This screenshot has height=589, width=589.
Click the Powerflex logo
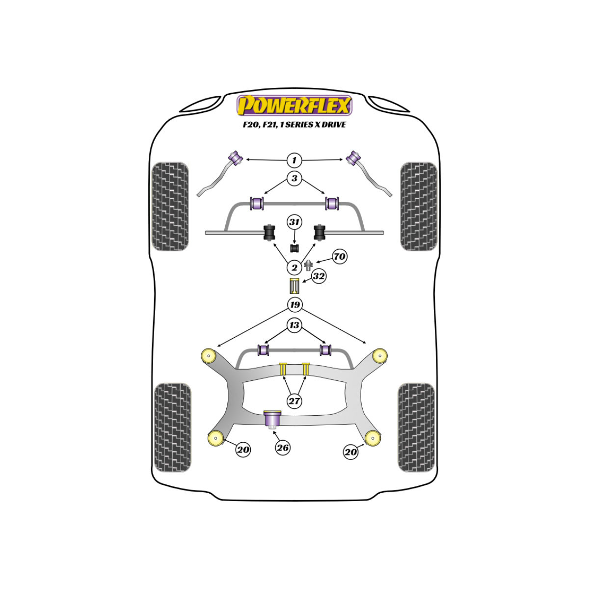click(x=294, y=106)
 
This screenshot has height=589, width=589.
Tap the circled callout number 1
click(x=294, y=160)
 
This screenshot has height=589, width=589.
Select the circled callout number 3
click(x=294, y=178)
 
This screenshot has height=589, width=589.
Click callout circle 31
click(x=294, y=222)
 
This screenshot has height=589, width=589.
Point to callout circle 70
click(x=339, y=256)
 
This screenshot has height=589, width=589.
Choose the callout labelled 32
click(x=319, y=276)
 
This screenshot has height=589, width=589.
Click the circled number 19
click(x=294, y=304)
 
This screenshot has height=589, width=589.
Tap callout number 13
click(x=294, y=325)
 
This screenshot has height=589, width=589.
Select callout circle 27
click(x=294, y=401)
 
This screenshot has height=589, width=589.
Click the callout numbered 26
click(x=282, y=448)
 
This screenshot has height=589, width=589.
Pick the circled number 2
click(x=294, y=268)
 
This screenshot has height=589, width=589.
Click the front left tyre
click(x=170, y=206)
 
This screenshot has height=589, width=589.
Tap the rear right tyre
click(x=416, y=428)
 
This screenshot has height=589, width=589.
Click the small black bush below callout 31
click(x=294, y=248)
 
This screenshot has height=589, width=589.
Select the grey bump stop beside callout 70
click(x=309, y=265)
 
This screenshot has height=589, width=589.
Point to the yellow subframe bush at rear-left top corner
click(x=209, y=355)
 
